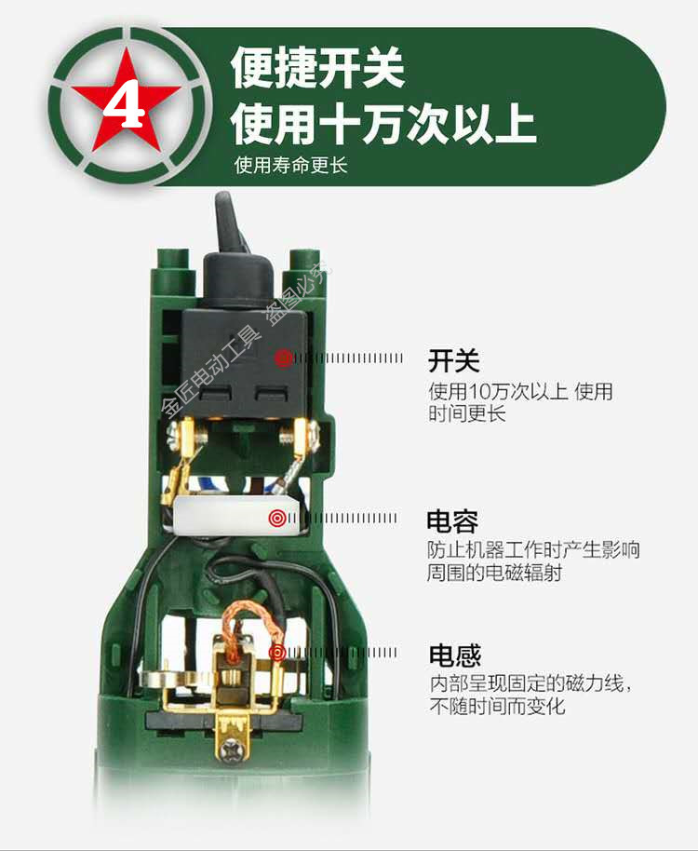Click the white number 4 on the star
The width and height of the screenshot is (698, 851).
[128, 104]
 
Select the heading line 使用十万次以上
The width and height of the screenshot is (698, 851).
[383, 124]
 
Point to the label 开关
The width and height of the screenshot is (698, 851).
[453, 358]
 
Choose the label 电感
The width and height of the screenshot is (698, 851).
[454, 655]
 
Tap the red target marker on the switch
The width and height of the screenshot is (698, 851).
[282, 358]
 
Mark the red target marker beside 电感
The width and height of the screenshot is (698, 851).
[276, 653]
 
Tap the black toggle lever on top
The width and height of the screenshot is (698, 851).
[226, 223]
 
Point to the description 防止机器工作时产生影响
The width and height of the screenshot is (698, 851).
[533, 549]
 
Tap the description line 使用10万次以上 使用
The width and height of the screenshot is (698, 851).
[520, 390]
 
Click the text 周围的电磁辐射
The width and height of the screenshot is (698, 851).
[495, 573]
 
